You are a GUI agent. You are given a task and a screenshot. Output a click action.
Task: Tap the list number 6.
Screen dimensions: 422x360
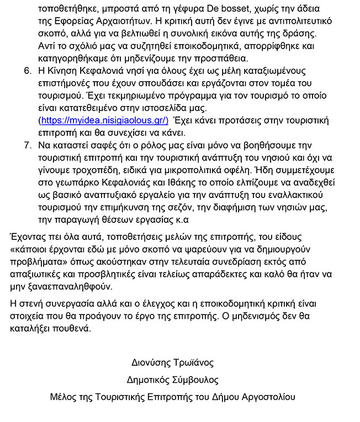tap(29, 72)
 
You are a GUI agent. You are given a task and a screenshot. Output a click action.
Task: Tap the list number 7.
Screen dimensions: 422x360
tap(29, 146)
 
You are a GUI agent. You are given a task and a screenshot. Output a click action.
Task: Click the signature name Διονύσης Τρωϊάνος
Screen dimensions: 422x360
tap(172, 363)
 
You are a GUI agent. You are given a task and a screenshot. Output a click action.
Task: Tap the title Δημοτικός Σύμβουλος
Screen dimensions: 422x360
tap(172, 380)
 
